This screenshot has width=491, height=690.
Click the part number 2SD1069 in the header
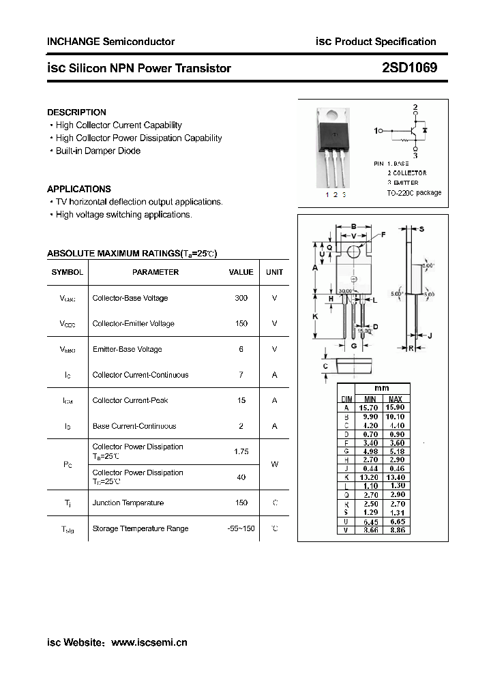point(410,68)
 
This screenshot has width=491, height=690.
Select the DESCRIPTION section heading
point(76,112)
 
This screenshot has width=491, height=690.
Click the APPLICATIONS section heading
point(78,189)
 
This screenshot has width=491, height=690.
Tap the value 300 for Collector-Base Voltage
point(241,298)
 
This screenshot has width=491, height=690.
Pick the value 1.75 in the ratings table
point(241,451)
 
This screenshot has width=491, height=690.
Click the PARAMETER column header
point(155,272)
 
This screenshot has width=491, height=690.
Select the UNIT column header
point(274,272)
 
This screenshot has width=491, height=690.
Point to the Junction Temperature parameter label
point(128,502)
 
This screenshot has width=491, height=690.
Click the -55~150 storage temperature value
point(241,528)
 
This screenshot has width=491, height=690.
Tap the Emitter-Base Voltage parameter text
point(128,349)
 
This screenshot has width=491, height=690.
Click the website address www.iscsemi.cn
point(149,642)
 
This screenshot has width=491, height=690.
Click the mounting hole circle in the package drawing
point(353,252)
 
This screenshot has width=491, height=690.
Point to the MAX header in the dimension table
point(395,399)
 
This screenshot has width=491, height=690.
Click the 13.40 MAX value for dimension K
point(395,478)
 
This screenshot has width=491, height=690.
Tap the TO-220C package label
point(413,193)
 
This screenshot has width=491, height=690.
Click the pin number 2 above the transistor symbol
point(415,108)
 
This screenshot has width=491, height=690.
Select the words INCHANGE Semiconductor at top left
point(110,42)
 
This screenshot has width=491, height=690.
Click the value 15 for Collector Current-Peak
point(241,400)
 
